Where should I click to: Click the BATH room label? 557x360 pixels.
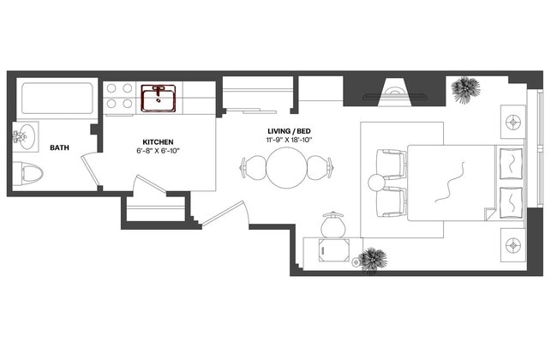(59, 147)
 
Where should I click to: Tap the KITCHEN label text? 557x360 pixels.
(159, 141)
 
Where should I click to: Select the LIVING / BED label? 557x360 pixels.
(287, 132)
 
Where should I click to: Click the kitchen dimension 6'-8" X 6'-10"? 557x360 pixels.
(159, 151)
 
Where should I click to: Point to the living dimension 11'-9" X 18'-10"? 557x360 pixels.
(287, 141)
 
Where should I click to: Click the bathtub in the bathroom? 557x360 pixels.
(56, 100)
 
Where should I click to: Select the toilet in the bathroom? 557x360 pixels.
(32, 174)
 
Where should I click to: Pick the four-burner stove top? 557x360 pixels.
(118, 95)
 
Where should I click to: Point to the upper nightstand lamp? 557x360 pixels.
(514, 120)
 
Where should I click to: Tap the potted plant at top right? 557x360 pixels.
(466, 89)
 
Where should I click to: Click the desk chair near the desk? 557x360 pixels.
(332, 225)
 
